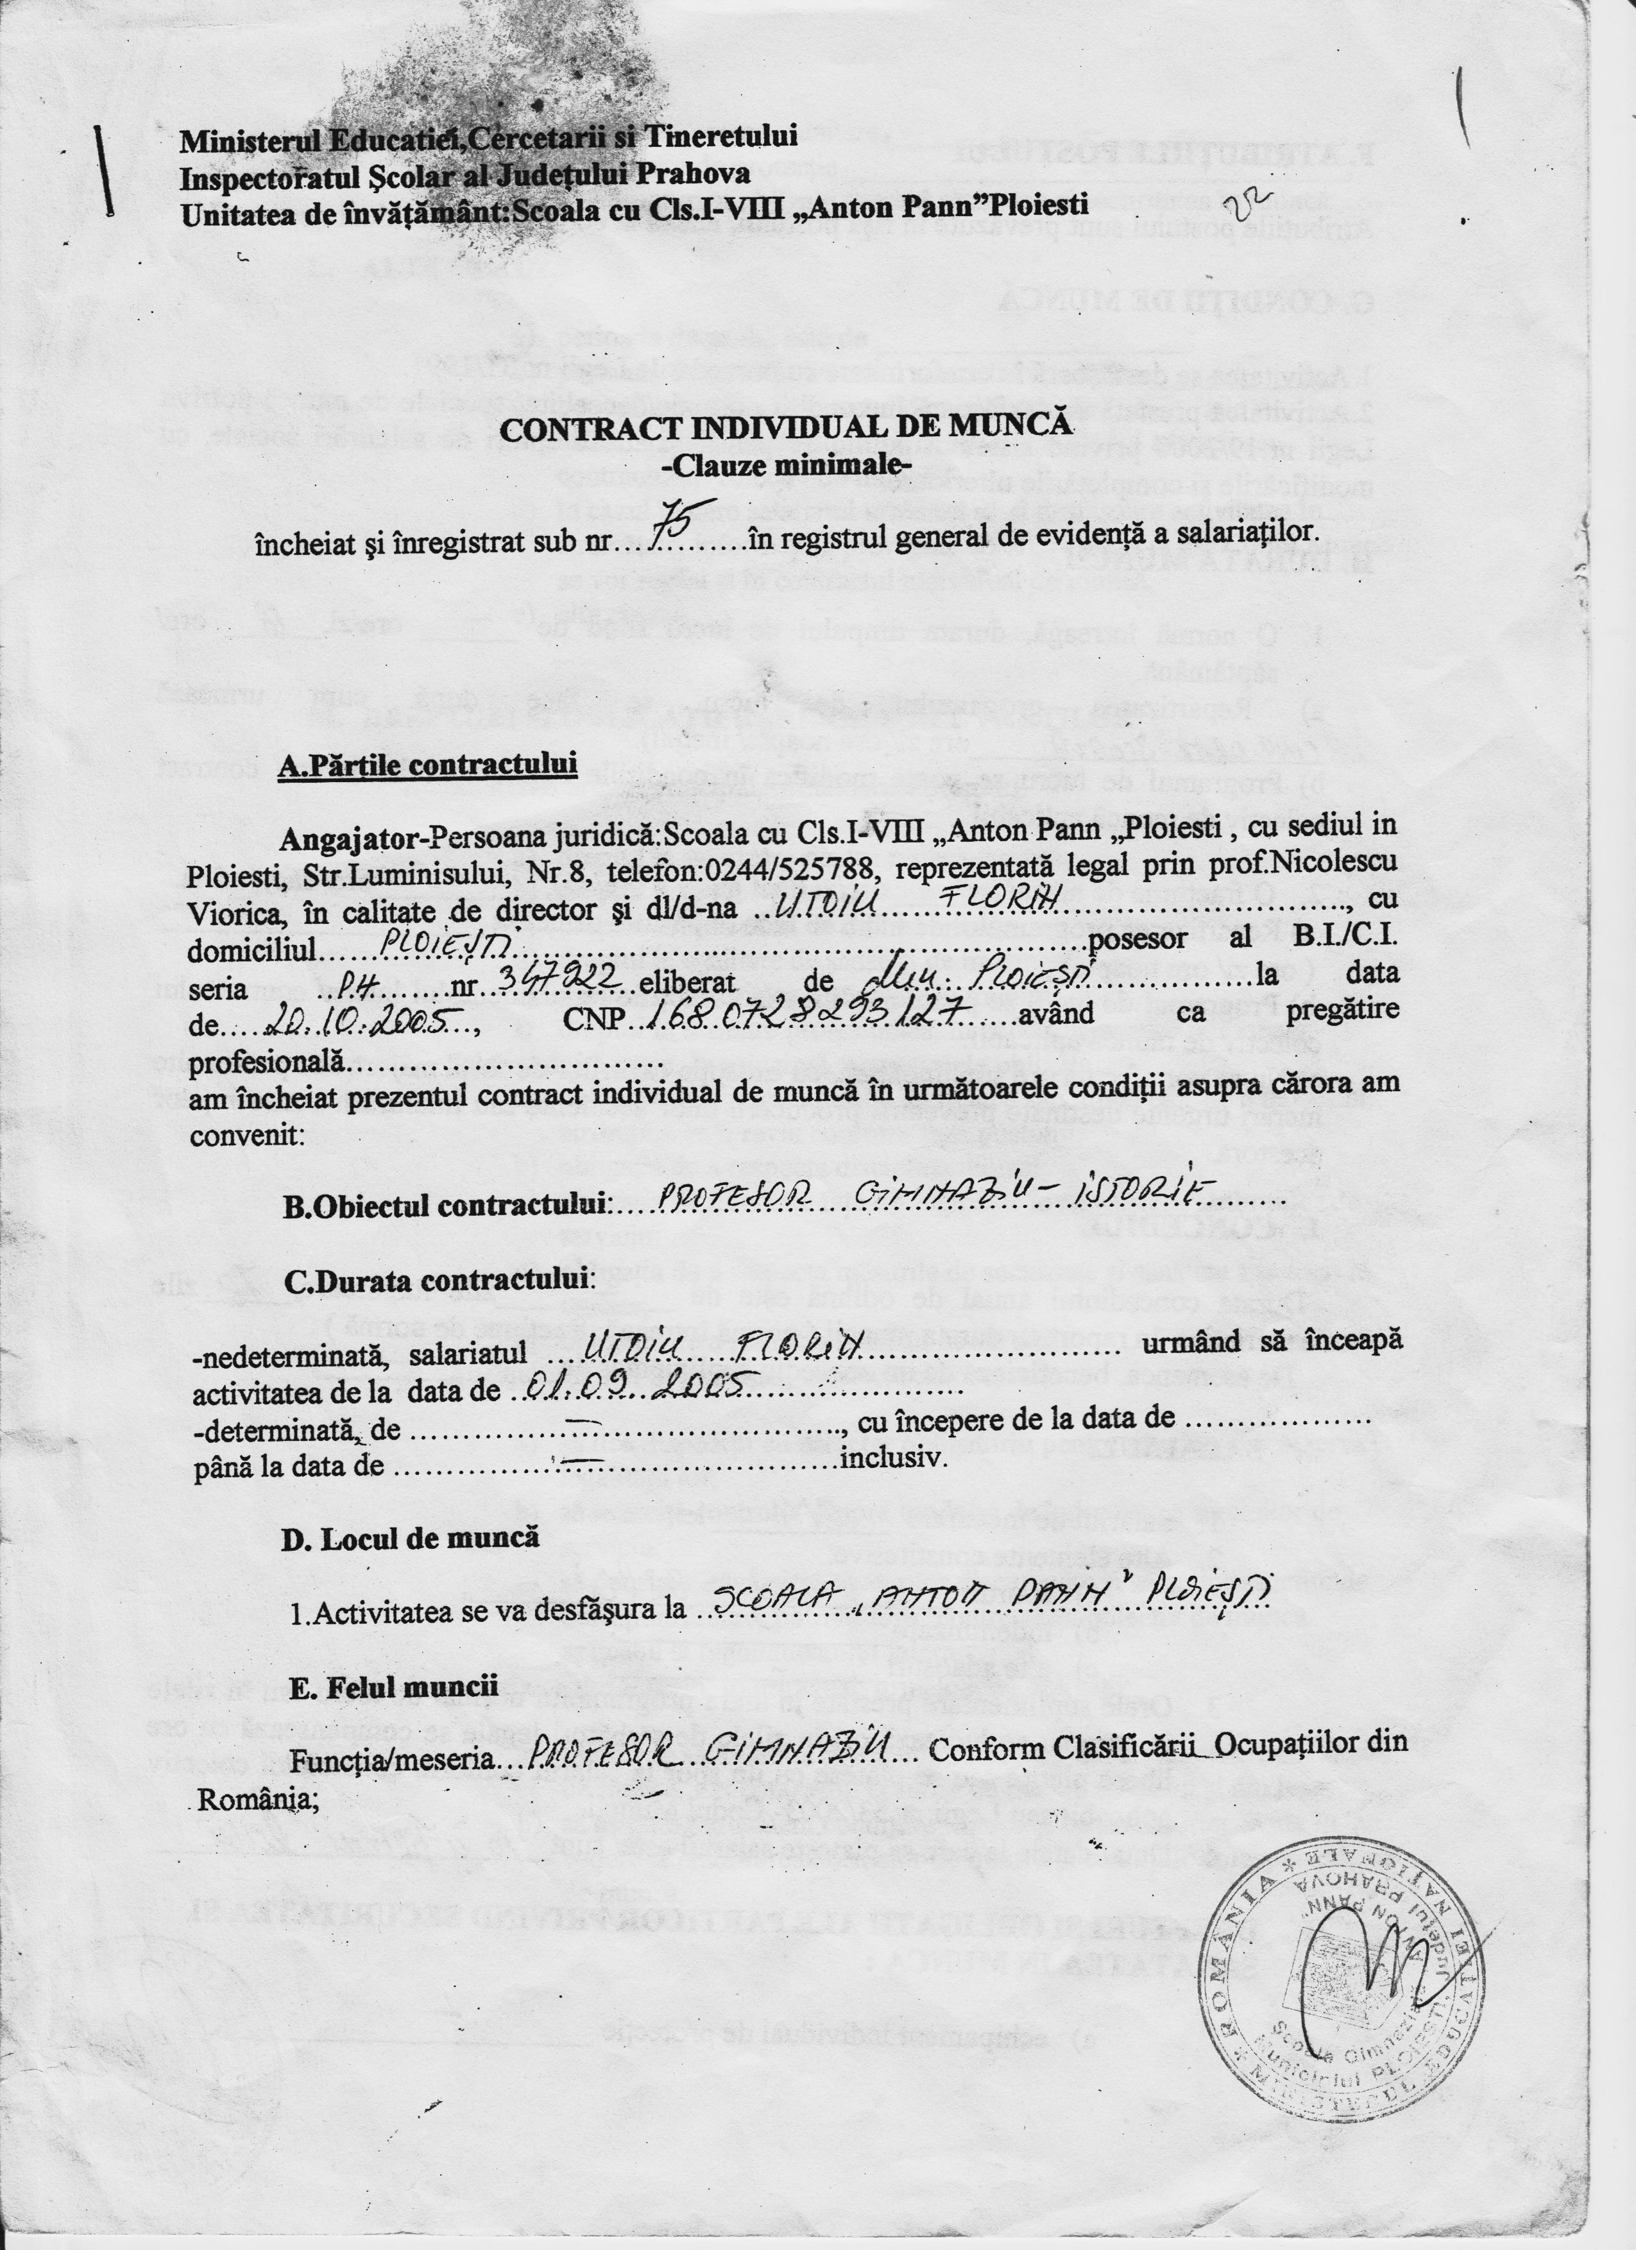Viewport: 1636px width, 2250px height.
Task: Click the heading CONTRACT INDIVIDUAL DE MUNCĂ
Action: (787, 427)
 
